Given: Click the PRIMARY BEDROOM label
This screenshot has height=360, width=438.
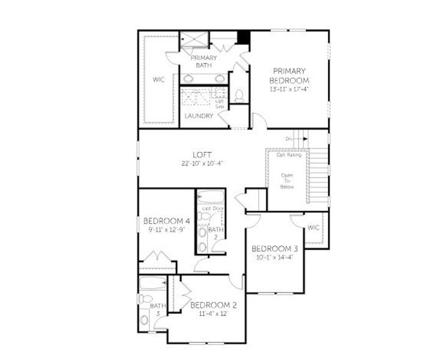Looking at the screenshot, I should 289,75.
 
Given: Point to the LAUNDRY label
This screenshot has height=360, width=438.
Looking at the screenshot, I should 199,116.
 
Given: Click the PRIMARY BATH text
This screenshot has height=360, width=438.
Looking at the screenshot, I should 203,61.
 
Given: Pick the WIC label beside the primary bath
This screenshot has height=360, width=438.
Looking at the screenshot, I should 158,79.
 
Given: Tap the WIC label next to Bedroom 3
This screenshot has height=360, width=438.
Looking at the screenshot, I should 313,227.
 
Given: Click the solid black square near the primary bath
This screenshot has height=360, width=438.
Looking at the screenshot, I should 243,37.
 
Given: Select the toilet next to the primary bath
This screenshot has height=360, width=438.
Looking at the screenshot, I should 239,95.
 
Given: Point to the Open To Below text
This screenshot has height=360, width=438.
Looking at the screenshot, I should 287,181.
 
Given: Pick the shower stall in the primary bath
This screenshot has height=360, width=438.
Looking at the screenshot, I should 196,40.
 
